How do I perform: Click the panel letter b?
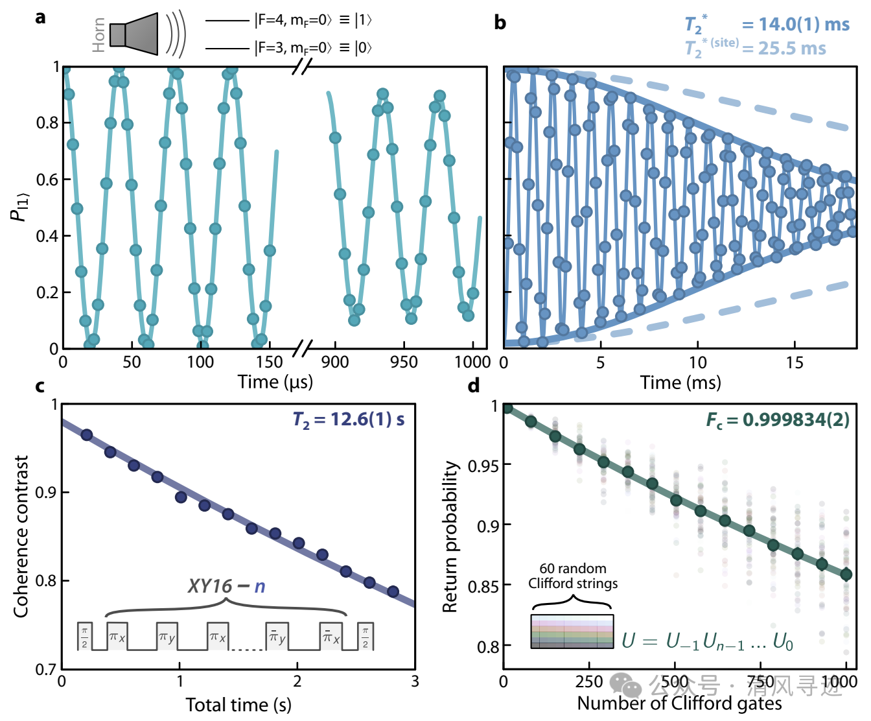pyautogui.click(x=500, y=23)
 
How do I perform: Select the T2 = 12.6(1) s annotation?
pyautogui.click(x=349, y=420)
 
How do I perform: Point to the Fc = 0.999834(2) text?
pyautogui.click(x=778, y=420)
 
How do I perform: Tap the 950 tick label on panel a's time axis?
pyautogui.click(x=404, y=362)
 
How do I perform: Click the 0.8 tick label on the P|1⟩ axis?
pyautogui.click(x=47, y=123)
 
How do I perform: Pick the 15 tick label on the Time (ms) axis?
pyautogui.click(x=795, y=362)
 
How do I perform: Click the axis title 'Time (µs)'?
pyautogui.click(x=275, y=382)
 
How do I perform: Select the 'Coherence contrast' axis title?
pyautogui.click(x=21, y=536)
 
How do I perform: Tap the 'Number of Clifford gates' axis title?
pyautogui.click(x=679, y=703)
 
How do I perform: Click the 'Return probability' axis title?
pyautogui.click(x=450, y=536)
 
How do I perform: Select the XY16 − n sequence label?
pyautogui.click(x=226, y=586)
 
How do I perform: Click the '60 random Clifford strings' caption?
pyautogui.click(x=573, y=576)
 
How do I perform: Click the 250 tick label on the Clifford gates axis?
pyautogui.click(x=589, y=682)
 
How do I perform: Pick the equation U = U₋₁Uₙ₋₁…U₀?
pyautogui.click(x=707, y=641)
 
